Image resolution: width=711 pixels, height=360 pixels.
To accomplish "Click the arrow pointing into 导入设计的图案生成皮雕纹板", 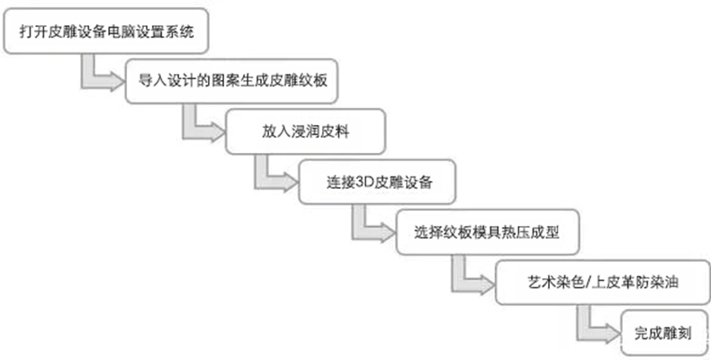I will [98, 77].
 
